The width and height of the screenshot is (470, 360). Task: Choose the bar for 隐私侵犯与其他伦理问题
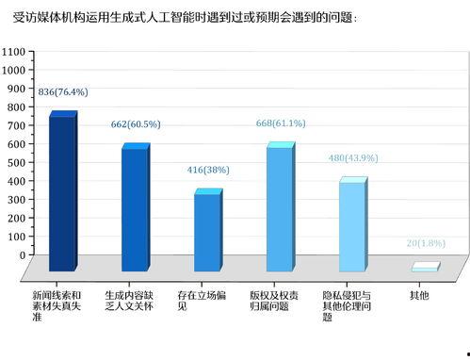pyautogui.click(x=351, y=226)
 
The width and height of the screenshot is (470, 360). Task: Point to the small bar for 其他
pyautogui.click(x=425, y=268)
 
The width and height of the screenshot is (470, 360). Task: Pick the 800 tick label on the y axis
pyautogui.click(x=16, y=107)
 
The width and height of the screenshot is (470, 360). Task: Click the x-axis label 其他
pyautogui.click(x=418, y=295)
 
